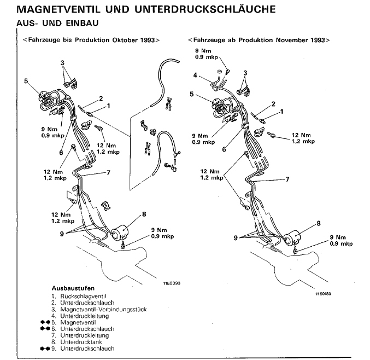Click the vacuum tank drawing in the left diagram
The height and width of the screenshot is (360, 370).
121,234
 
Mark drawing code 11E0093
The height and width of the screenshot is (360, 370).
171,284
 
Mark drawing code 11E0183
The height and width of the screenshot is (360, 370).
324,293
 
